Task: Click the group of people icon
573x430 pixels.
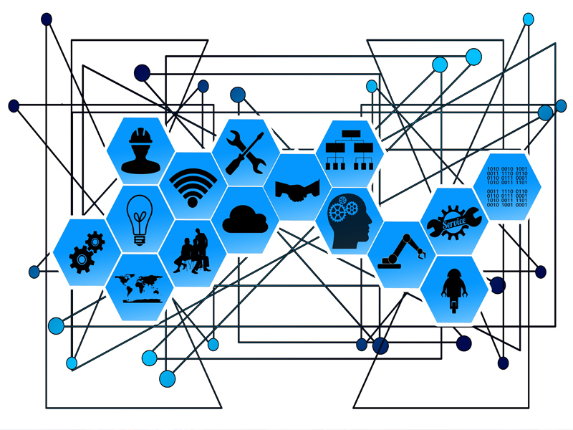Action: [193, 252]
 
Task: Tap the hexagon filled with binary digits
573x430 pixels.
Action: [506, 186]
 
